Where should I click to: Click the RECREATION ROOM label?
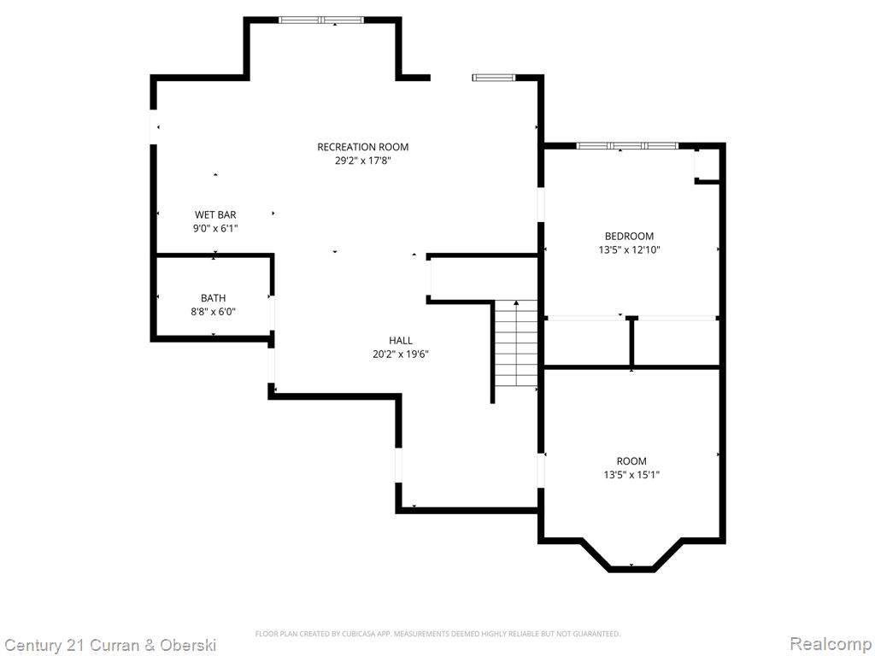362,147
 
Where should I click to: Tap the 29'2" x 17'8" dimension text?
362,161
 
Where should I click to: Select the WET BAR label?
215,214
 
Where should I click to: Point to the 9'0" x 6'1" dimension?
215,228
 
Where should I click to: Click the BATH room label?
213,298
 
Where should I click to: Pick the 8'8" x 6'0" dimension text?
213,312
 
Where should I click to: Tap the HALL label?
401,340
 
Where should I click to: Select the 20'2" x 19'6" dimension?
401,354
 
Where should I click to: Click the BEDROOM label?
630,236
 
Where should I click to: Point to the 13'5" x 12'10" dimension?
630,250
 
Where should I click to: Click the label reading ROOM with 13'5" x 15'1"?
631,460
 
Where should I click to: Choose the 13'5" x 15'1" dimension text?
631,475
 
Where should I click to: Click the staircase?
516,344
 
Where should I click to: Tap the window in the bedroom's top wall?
627,146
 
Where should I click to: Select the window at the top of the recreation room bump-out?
321,20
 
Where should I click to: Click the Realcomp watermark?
831,643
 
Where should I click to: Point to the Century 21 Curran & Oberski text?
109,646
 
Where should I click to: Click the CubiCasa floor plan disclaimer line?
437,634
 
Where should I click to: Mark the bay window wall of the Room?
631,569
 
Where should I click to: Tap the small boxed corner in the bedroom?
708,165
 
